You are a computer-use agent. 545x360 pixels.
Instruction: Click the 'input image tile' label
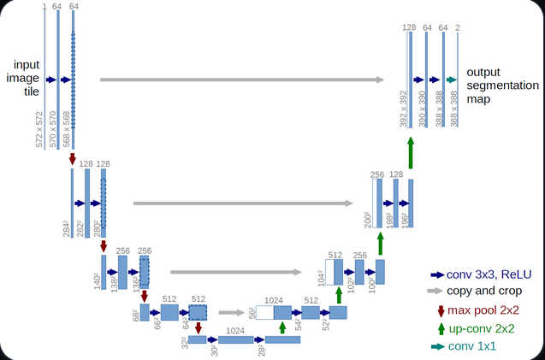tap(26, 79)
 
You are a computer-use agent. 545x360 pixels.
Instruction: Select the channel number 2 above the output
tap(458, 28)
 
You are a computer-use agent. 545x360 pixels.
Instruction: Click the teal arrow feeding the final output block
tap(450, 80)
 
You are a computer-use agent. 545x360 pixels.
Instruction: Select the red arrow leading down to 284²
tap(73, 159)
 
